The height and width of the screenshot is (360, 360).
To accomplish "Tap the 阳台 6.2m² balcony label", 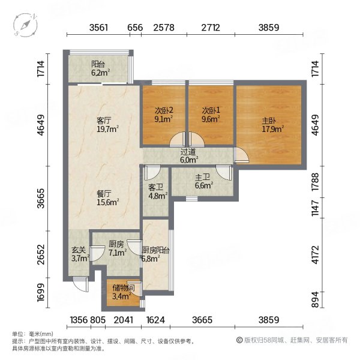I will tap(99, 68).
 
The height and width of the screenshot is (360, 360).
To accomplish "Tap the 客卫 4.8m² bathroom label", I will tap(156, 191).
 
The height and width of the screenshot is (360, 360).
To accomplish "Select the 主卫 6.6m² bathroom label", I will tap(202, 182).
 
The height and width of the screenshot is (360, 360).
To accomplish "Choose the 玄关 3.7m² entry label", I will tap(79, 254).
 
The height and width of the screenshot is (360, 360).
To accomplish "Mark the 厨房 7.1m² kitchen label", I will tap(116, 248).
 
